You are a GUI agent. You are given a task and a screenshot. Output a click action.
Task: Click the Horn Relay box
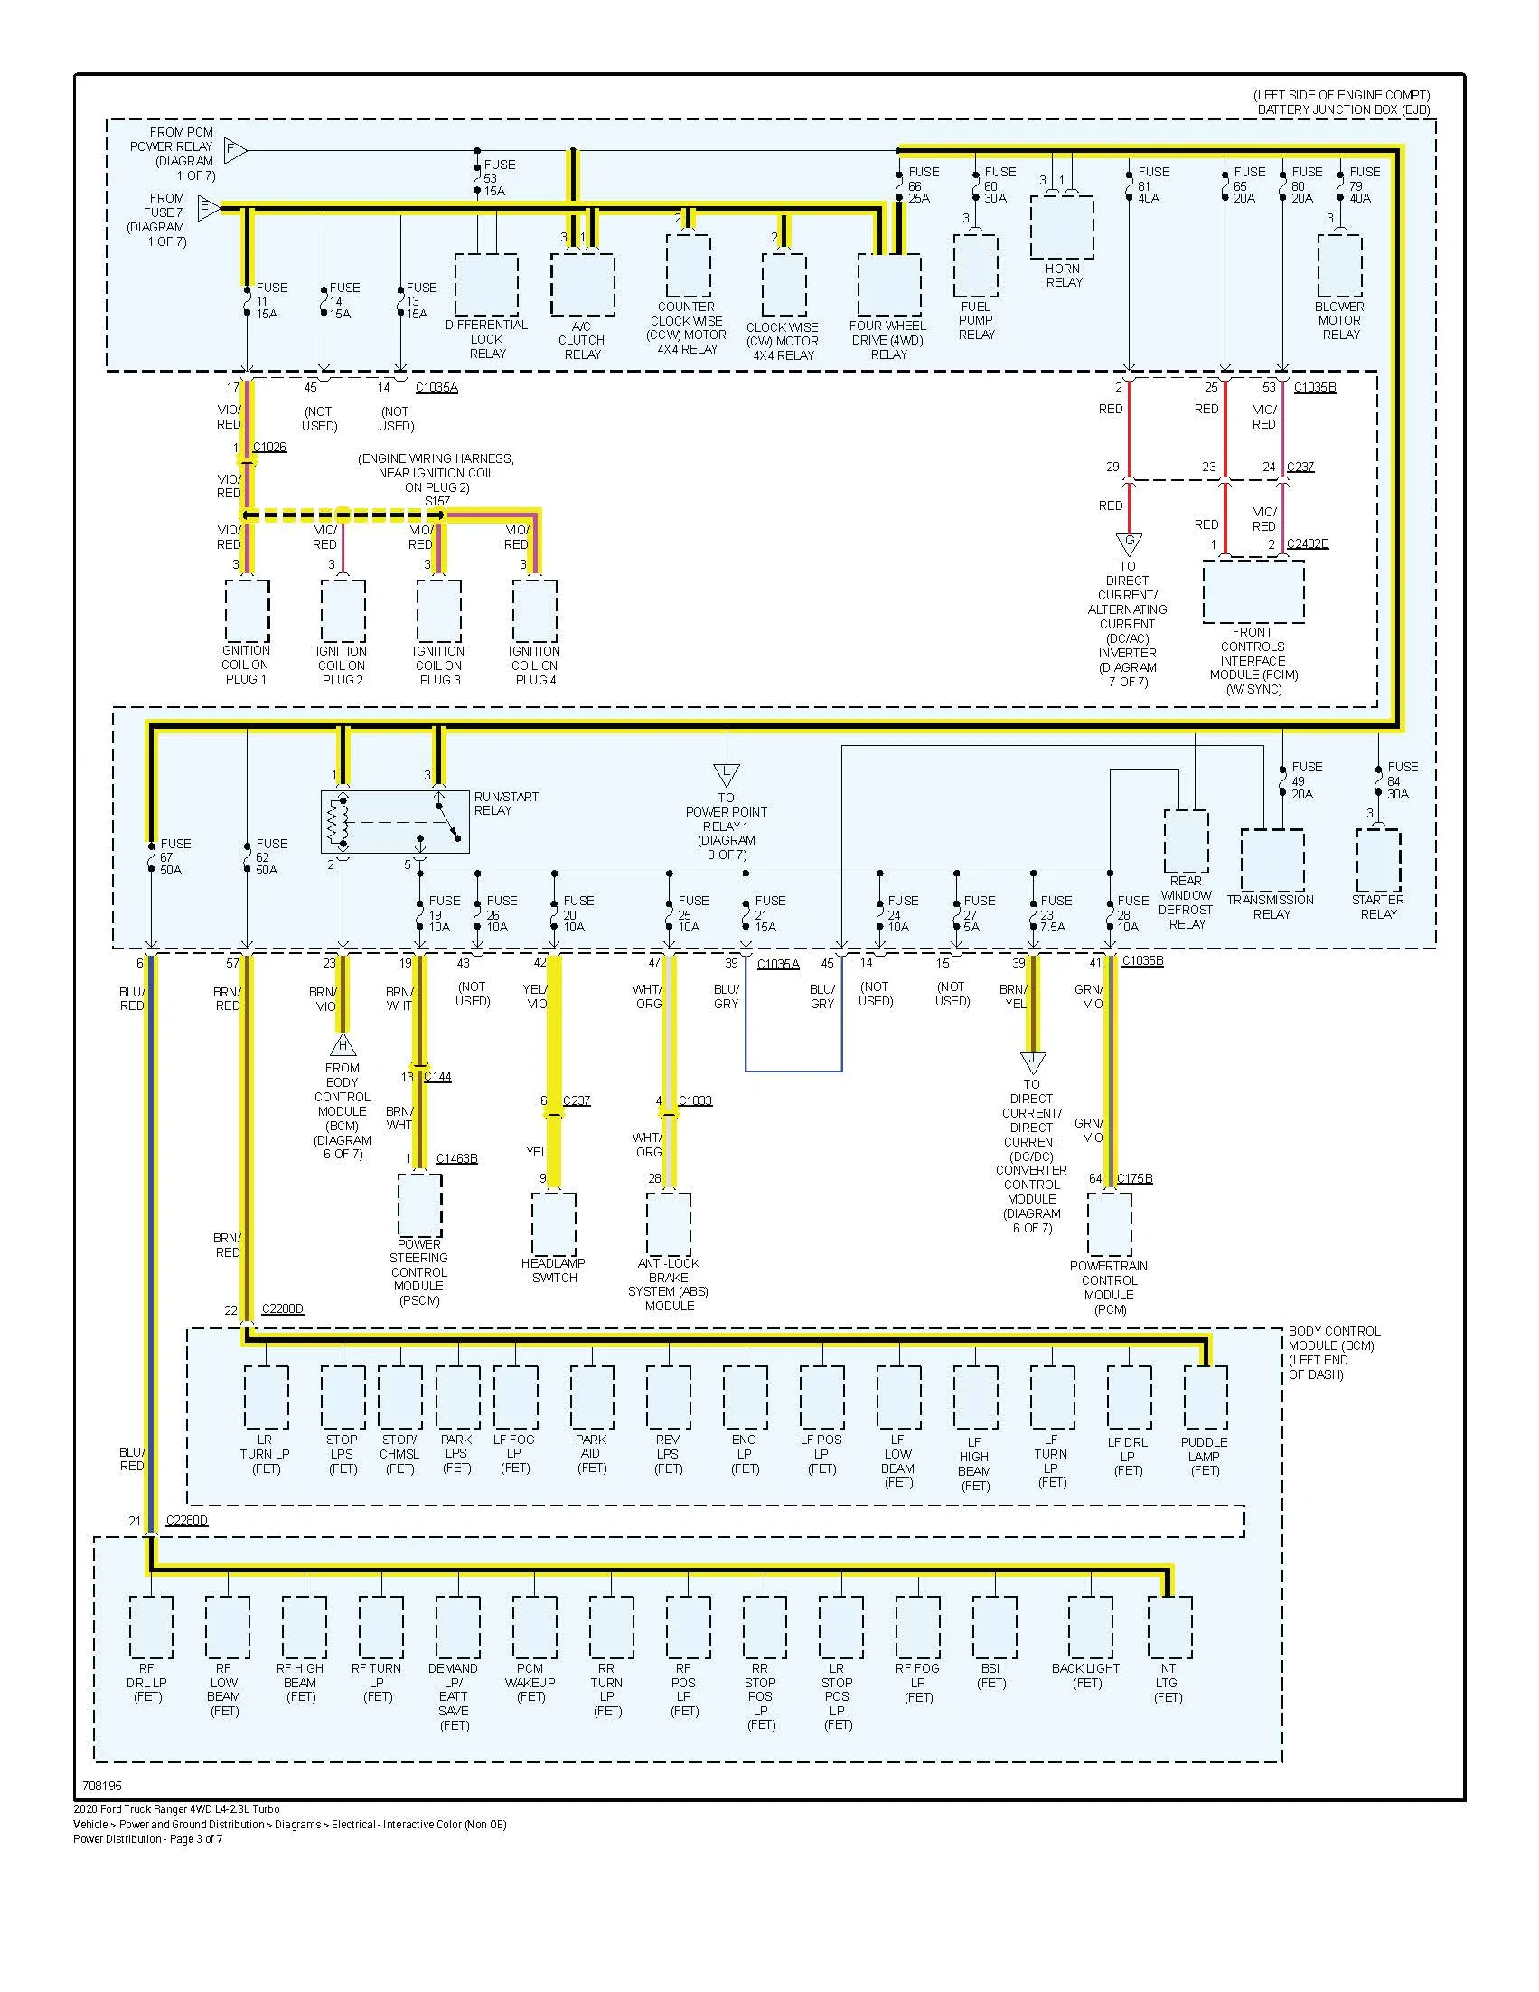click(x=1062, y=227)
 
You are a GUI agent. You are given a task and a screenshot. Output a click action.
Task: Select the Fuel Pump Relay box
click(x=976, y=266)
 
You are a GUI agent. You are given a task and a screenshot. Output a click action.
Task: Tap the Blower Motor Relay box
click(x=1339, y=266)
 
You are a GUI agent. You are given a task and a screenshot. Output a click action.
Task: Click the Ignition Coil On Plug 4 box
click(x=535, y=611)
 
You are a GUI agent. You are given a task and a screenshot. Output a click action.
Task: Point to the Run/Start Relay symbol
click(x=395, y=822)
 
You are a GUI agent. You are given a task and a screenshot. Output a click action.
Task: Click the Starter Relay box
click(x=1378, y=860)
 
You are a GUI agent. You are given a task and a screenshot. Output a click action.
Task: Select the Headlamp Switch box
click(x=553, y=1224)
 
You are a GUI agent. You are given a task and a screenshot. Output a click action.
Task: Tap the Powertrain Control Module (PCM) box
click(x=1110, y=1224)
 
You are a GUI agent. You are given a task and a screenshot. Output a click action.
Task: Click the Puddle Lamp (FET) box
click(x=1206, y=1397)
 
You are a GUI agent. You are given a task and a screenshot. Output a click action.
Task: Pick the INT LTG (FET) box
click(x=1169, y=1628)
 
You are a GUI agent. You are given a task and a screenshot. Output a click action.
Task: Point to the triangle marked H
click(x=343, y=1043)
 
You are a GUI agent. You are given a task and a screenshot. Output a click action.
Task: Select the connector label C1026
click(x=269, y=447)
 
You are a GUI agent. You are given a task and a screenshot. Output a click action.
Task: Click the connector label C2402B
click(x=1308, y=543)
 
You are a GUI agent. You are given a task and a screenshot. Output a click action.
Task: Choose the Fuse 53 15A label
click(x=499, y=177)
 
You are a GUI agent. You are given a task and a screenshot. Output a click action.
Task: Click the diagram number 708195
click(x=101, y=1786)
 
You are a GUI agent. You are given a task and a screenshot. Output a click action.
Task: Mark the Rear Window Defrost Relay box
click(x=1187, y=841)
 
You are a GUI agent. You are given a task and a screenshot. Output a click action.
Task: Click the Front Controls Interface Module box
click(x=1253, y=591)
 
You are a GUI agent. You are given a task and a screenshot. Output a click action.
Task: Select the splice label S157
click(x=437, y=502)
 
